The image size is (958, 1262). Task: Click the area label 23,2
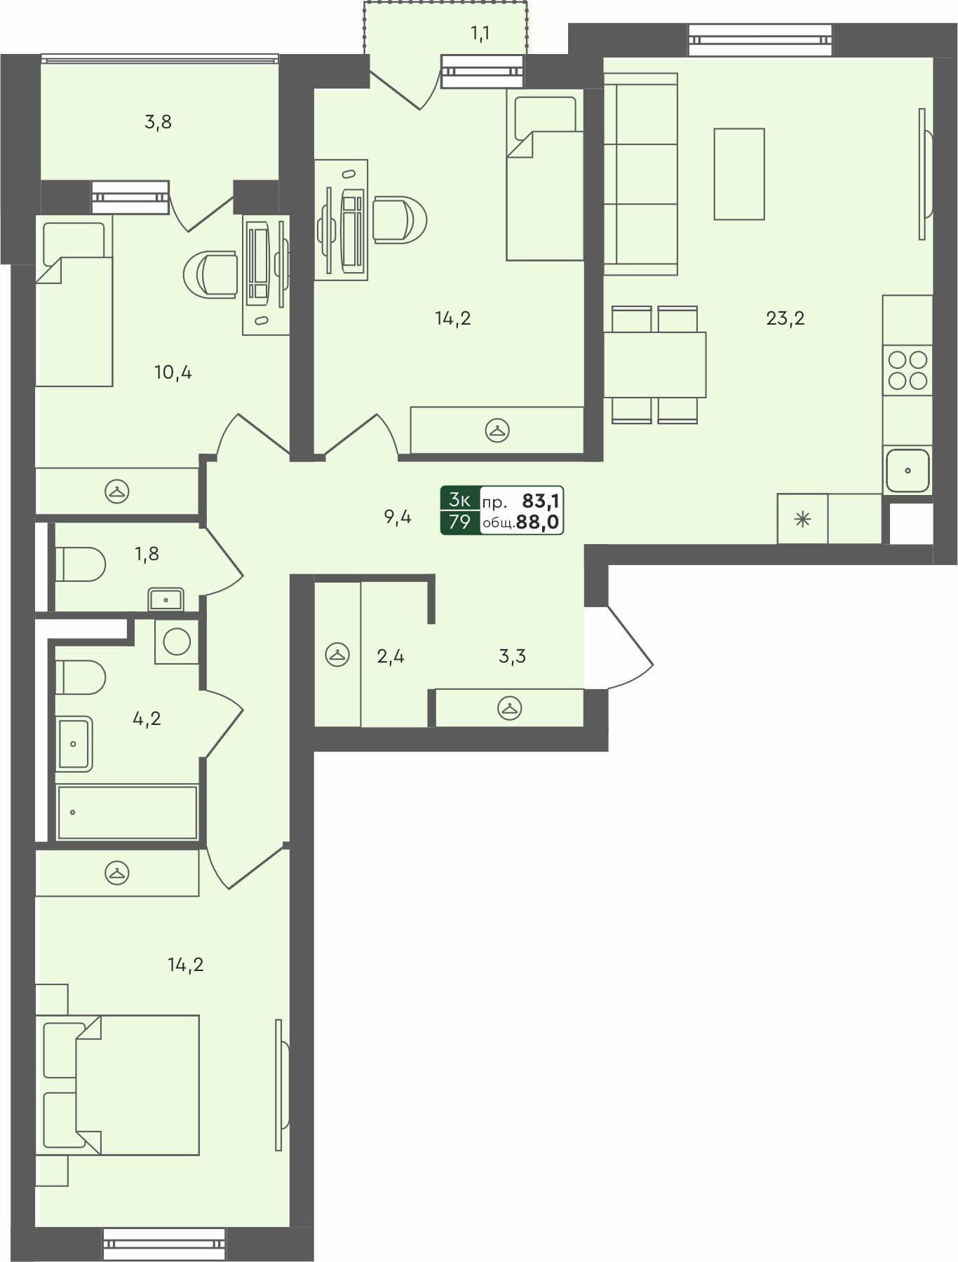coord(785,318)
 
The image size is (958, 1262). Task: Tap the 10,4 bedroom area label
coord(173,372)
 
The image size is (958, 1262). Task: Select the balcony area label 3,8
coord(158,122)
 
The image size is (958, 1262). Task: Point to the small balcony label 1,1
coord(480,34)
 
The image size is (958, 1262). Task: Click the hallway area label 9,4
coord(397,517)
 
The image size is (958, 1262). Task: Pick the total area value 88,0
coord(537,522)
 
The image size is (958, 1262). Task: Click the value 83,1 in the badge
coord(540,501)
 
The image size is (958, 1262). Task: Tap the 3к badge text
coord(459,500)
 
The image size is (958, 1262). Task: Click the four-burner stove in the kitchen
coord(908,370)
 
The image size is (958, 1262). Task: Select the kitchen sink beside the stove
coord(908,470)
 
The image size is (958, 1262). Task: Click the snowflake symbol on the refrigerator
coord(802,520)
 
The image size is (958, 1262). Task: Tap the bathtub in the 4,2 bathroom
coord(127,812)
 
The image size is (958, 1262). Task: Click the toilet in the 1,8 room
coord(81,564)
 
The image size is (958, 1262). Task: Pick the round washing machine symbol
coord(177,642)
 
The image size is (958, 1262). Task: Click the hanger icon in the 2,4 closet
coord(337,655)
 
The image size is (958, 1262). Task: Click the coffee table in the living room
coord(739,174)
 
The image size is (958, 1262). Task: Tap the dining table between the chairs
coord(654,365)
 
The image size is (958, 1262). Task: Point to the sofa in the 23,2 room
coord(640,174)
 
